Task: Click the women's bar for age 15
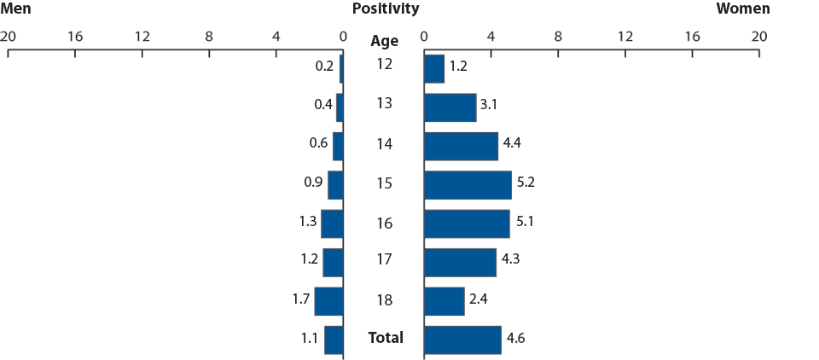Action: [467, 185]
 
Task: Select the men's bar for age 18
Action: [328, 301]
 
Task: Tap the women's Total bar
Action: [462, 340]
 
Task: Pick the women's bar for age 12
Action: [433, 69]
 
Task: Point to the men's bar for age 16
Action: [332, 224]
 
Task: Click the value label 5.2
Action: [526, 183]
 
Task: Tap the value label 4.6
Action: [515, 339]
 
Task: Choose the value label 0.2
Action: [325, 65]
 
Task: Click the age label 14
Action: [385, 144]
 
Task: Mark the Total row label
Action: [385, 338]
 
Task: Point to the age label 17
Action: [385, 260]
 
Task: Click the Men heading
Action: [17, 9]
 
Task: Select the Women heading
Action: [742, 9]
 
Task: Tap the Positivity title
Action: [385, 9]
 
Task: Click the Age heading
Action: [385, 41]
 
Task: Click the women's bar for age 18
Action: [444, 301]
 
